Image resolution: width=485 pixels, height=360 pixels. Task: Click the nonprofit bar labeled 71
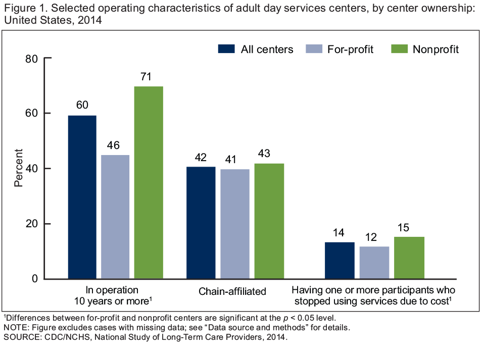(149, 182)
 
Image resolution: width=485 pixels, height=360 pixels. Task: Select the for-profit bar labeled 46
(115, 217)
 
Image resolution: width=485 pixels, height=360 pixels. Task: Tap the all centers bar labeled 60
(82, 197)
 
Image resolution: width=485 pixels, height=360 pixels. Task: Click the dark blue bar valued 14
(339, 261)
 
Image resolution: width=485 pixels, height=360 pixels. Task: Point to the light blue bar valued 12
(374, 263)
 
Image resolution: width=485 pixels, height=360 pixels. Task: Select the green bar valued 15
(409, 258)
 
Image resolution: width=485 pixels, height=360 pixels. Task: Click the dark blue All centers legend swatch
(226, 49)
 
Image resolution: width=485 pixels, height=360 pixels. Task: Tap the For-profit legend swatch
(314, 49)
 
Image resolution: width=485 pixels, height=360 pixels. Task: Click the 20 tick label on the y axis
(31, 224)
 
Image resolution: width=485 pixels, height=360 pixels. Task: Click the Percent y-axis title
(19, 168)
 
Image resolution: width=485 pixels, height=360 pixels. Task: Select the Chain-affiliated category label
(232, 291)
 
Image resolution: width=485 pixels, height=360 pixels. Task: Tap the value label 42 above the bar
(201, 157)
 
